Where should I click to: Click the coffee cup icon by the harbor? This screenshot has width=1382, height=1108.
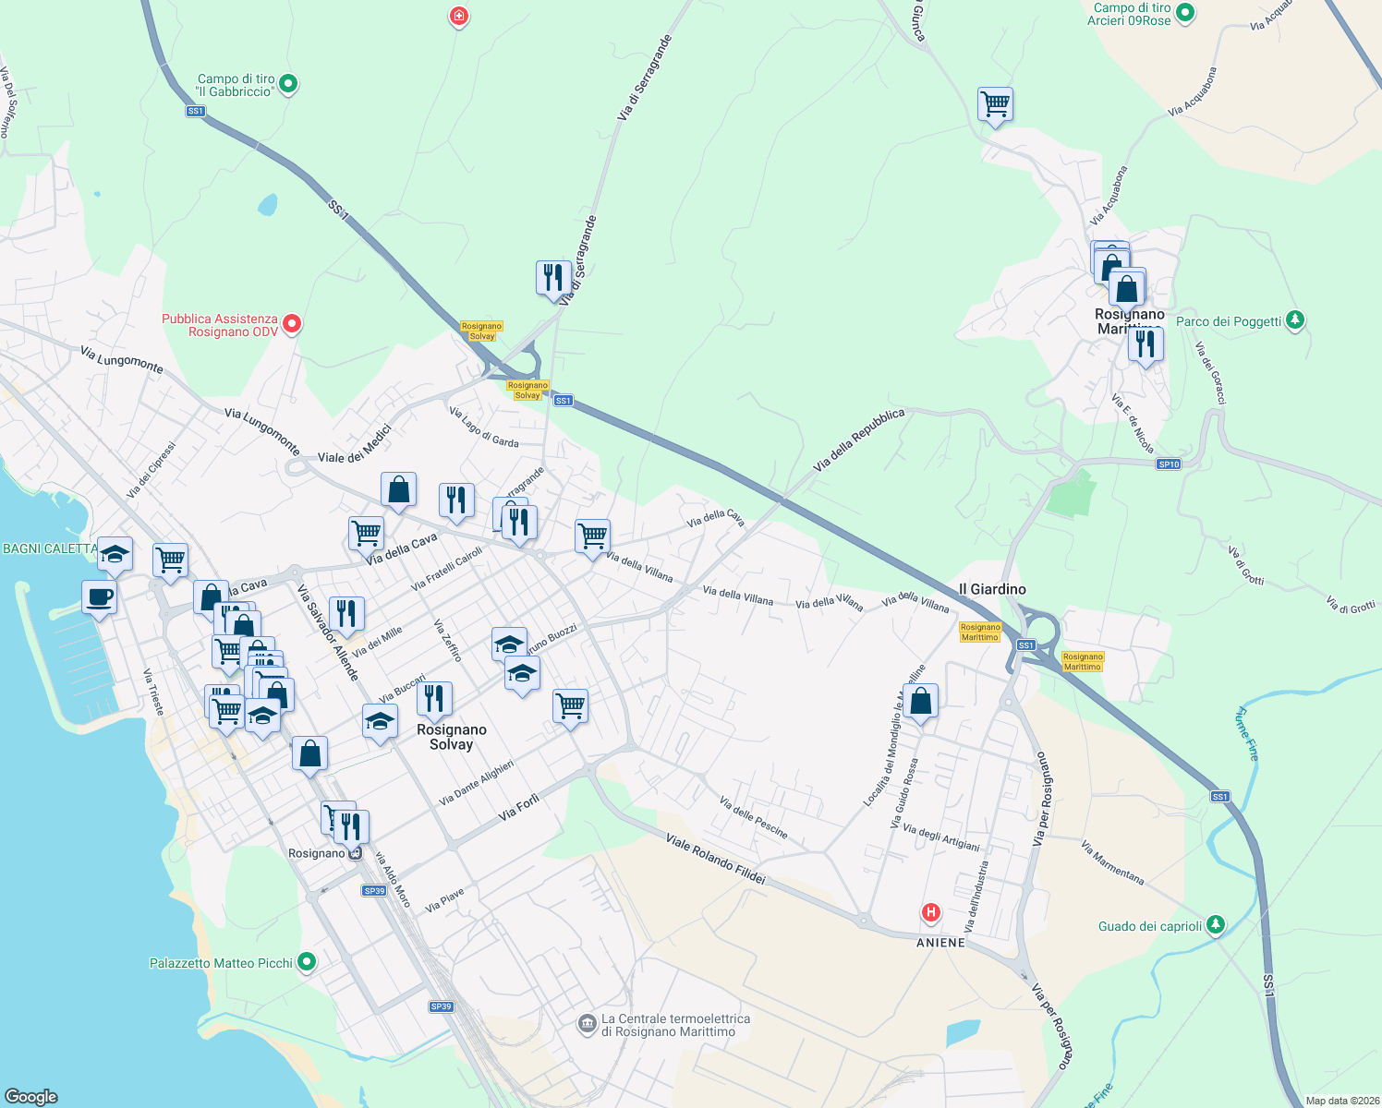coord(99,596)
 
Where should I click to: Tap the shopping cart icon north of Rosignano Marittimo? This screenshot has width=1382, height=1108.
coord(995,103)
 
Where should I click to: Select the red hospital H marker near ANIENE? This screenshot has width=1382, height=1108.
coord(930,913)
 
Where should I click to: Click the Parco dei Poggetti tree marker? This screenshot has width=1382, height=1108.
coord(1295,320)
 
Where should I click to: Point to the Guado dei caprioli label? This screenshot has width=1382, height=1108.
coord(1150,926)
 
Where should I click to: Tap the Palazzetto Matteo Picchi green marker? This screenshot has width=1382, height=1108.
coord(307,962)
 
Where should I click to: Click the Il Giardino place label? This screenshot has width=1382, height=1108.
coord(992,589)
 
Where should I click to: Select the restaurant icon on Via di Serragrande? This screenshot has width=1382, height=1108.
coord(552,277)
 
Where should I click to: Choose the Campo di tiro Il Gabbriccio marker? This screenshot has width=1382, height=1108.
coord(288,84)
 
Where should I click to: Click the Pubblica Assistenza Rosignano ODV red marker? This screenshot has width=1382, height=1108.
coord(292,324)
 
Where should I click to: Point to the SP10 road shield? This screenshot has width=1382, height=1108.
coord(1169,464)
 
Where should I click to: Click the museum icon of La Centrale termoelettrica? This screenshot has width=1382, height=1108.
coord(587,1024)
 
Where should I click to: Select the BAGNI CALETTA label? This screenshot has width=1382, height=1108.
coord(50,548)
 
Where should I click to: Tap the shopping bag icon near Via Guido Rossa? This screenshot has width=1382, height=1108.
coord(921,701)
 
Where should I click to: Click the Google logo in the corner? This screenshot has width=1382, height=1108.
coord(30,1097)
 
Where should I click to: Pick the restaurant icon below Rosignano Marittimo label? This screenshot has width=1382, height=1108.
coord(1145,343)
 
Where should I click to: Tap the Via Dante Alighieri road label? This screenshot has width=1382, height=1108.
coord(476,782)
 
